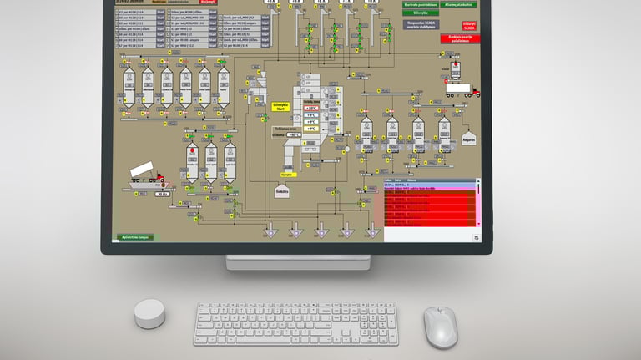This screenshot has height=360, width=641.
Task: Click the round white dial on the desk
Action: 149,315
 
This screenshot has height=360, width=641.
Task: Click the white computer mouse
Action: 440,326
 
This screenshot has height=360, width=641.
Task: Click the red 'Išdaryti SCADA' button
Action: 469,27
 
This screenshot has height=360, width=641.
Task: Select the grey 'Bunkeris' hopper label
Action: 281,190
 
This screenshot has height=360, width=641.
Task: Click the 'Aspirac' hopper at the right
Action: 468,137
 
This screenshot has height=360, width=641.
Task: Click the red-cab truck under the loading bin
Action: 462,89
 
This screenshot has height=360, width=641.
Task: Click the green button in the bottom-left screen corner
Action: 134,237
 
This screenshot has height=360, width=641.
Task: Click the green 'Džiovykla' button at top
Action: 420,13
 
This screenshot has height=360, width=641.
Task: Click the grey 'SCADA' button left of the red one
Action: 424,26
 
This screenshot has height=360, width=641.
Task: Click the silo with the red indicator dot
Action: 191,159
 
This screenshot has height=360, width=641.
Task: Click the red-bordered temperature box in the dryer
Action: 310,109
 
